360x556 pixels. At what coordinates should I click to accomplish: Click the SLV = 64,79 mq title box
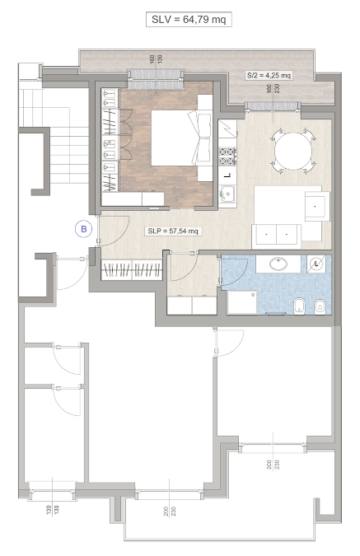189,20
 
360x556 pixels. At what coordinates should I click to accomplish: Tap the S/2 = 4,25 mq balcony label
269,75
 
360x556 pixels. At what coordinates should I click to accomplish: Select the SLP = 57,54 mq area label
173,231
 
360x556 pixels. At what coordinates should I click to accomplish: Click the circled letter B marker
84,229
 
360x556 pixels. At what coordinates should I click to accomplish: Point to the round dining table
293,151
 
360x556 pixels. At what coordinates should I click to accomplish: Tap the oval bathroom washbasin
278,264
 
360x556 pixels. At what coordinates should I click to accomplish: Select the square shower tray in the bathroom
242,302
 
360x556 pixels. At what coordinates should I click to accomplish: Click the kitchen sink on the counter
227,194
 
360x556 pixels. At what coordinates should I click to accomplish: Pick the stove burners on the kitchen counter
227,157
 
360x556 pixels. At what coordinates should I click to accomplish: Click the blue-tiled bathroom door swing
234,270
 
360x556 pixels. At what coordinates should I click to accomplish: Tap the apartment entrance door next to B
114,231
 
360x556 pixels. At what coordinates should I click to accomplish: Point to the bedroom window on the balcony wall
156,79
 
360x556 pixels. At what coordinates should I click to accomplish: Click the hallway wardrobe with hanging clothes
132,270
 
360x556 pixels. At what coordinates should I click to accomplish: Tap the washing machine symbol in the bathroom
316,264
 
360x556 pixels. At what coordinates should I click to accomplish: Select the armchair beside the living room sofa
317,206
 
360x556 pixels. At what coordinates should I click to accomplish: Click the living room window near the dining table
273,105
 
